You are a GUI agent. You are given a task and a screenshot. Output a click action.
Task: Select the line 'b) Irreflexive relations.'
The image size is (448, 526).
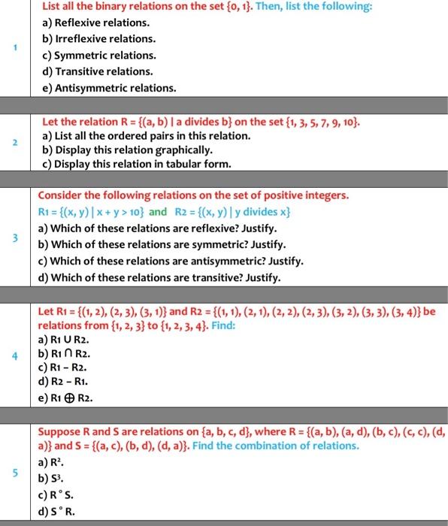pos(99,38)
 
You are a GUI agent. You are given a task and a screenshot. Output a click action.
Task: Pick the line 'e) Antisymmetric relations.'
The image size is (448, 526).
pos(109,88)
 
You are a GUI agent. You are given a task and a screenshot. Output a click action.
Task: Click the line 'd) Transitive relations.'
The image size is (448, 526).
pos(98,71)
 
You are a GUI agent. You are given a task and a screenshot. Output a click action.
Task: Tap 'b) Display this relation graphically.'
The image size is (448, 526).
pos(122,150)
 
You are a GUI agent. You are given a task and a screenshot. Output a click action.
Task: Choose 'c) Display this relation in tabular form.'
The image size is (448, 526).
pos(137,165)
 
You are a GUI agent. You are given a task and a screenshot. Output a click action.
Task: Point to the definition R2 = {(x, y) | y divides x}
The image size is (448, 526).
pos(232,212)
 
